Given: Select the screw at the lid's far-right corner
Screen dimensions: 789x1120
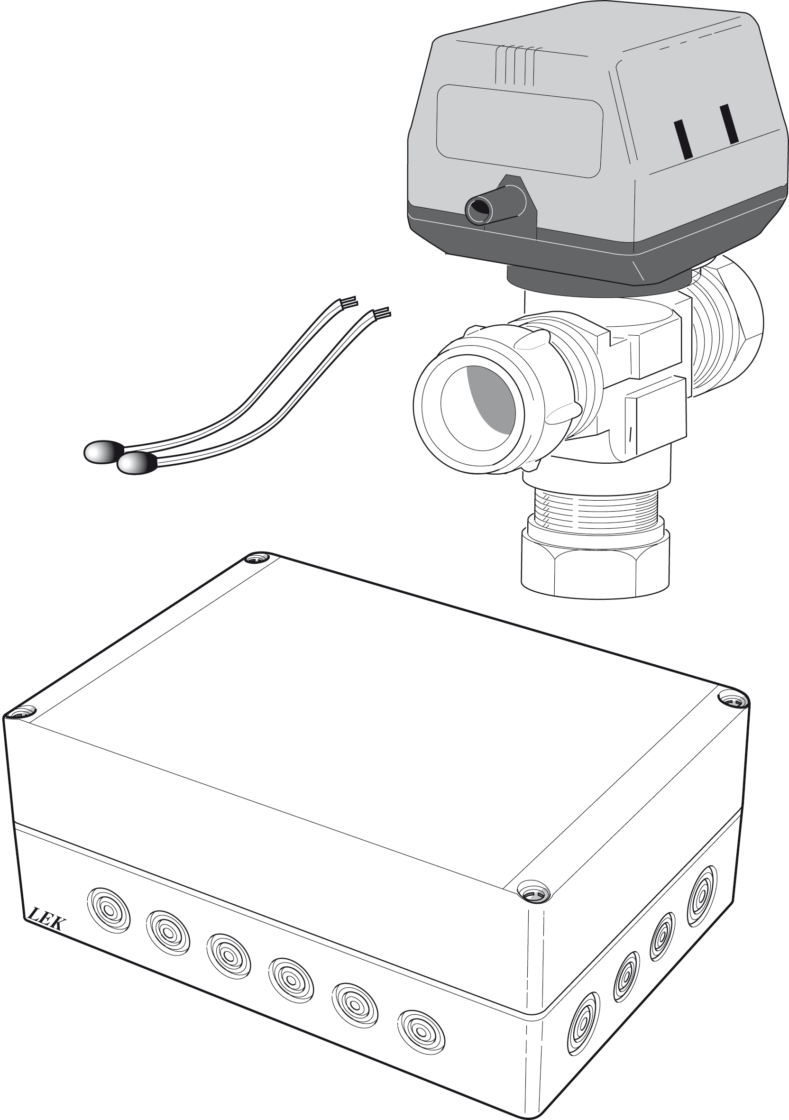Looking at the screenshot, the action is (734, 701).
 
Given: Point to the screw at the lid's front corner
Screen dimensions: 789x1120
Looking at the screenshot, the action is (533, 892).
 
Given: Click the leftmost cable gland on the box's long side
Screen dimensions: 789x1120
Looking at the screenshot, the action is (109, 910).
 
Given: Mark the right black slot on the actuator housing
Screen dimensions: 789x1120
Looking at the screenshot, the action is (730, 124).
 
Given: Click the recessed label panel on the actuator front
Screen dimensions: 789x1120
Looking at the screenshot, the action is (519, 131).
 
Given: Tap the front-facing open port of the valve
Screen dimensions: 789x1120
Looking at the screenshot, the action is (478, 400).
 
